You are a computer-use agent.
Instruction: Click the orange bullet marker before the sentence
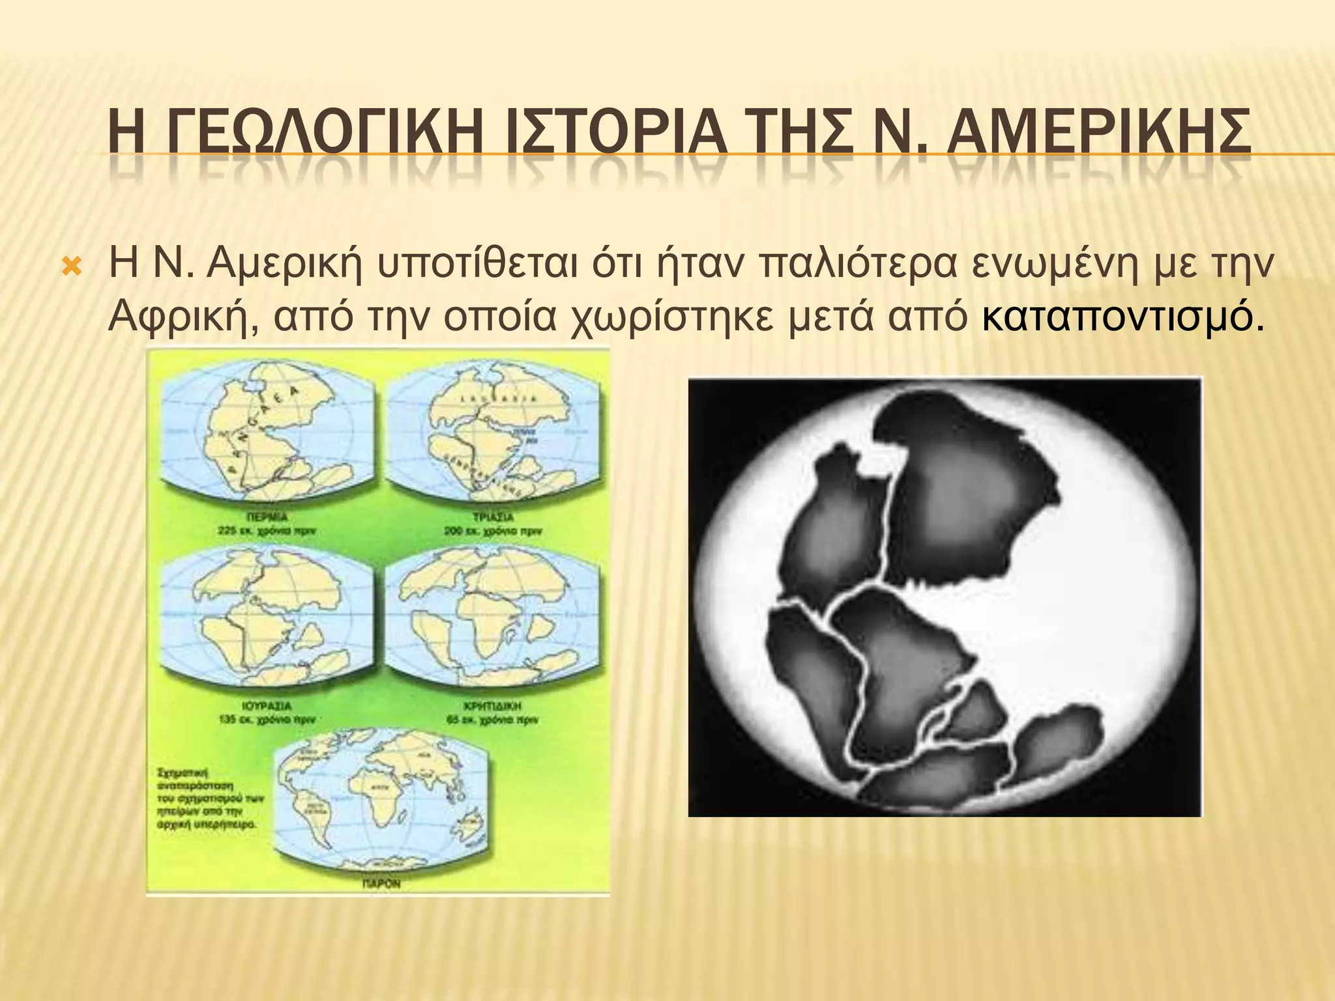70,267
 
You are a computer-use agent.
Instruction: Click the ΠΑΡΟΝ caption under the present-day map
381,884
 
